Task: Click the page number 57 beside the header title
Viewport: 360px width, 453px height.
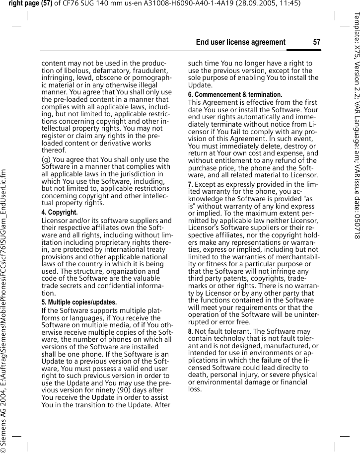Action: (316, 42)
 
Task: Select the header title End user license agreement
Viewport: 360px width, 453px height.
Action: (241, 42)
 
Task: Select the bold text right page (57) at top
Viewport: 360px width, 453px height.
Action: (30, 4)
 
